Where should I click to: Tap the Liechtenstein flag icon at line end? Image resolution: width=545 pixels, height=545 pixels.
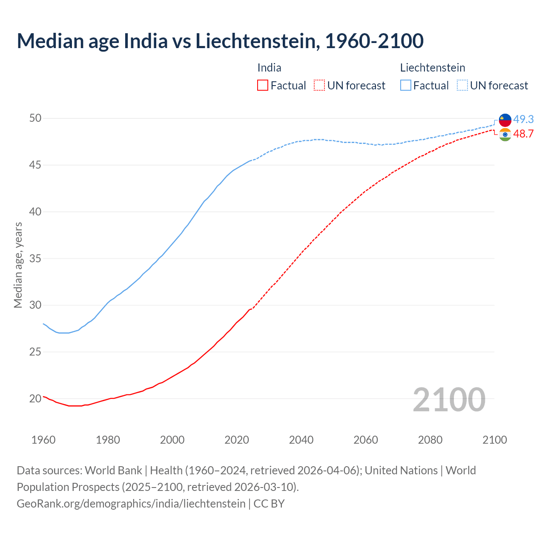[505, 120]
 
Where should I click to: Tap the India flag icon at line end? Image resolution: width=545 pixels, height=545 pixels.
[505, 135]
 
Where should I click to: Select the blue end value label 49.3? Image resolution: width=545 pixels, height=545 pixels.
[523, 120]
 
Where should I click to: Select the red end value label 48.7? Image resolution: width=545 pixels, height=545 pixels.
[523, 134]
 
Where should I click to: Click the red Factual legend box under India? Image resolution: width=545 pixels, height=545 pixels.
[263, 86]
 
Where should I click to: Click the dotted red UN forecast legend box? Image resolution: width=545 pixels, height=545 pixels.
[319, 86]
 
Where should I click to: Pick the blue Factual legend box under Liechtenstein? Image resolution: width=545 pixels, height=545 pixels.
[406, 86]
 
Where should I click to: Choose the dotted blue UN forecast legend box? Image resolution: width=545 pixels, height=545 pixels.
[462, 86]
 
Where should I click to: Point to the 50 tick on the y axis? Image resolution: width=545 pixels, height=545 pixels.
[35, 118]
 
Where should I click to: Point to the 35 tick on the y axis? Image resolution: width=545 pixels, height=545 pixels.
[35, 258]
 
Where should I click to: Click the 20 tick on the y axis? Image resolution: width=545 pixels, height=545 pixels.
[35, 399]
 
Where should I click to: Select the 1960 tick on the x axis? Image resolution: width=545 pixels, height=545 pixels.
[43, 440]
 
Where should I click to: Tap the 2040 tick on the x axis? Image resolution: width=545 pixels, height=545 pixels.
[301, 440]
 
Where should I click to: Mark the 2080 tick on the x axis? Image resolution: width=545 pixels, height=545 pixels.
[430, 440]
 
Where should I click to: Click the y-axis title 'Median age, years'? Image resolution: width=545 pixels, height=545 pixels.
[18, 265]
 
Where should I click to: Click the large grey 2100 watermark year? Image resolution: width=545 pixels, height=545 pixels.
[449, 399]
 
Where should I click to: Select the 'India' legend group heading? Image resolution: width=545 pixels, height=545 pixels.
[269, 68]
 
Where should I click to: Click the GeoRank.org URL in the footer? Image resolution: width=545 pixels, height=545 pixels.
[131, 504]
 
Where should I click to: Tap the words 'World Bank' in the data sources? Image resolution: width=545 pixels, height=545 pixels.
[113, 470]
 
